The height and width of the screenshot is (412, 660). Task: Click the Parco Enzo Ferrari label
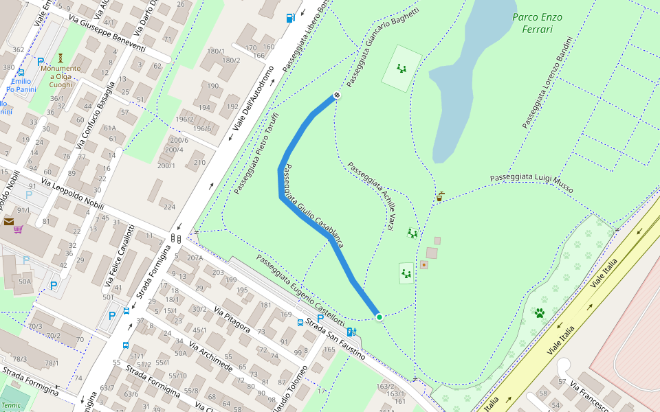click(x=537, y=23)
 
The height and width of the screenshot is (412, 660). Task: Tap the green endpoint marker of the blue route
click(x=379, y=317)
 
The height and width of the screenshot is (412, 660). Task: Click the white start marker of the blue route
click(x=337, y=95)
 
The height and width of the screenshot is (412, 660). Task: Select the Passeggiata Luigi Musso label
click(x=531, y=183)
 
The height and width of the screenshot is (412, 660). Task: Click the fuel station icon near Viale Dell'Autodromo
click(x=291, y=18)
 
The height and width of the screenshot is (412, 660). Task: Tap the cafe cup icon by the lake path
click(x=439, y=197)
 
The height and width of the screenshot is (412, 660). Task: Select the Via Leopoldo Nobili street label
click(x=72, y=196)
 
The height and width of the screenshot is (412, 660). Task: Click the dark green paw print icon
click(x=540, y=313)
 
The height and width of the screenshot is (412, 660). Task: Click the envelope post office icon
click(x=8, y=221)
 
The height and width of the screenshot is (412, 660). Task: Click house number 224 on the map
click(x=169, y=206)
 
